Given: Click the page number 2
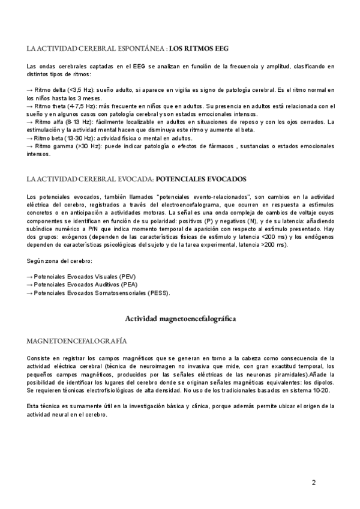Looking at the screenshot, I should tap(314, 483).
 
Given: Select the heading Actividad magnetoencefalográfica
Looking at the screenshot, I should tap(180, 319).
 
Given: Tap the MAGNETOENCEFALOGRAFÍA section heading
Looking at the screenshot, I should tap(77, 341).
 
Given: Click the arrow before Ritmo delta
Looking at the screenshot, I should tap(30, 89).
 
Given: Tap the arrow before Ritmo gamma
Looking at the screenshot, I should tap(30, 146).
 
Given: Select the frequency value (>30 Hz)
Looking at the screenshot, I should tap(83, 146).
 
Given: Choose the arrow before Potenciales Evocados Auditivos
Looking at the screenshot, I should tap(30, 284).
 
